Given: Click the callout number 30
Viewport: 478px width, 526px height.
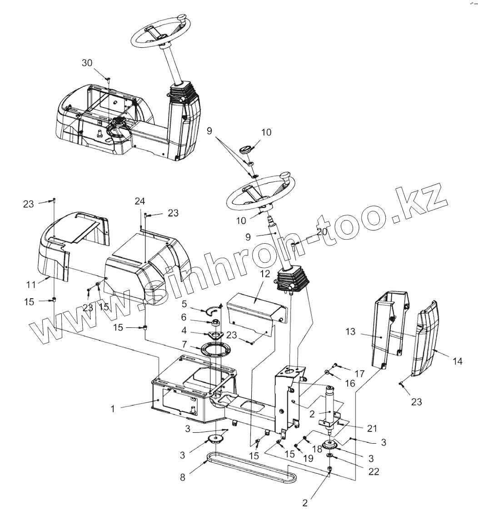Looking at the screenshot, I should (x=87, y=63).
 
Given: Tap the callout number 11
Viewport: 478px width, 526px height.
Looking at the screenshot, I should (x=31, y=285).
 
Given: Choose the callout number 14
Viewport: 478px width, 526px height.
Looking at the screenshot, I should (x=458, y=361).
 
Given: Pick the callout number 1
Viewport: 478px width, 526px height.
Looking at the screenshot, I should (x=113, y=409).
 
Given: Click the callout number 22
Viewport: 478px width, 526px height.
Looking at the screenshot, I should (x=373, y=472).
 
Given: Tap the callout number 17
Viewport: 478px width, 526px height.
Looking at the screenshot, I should (x=359, y=374).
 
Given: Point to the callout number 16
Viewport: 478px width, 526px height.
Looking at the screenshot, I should (x=350, y=384).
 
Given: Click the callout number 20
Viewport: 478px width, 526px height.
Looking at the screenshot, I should (x=322, y=231).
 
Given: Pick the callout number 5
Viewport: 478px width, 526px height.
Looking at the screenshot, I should (x=184, y=303).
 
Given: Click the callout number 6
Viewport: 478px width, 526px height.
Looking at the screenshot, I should (x=184, y=317).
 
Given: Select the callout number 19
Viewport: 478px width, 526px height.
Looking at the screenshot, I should (x=308, y=458).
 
